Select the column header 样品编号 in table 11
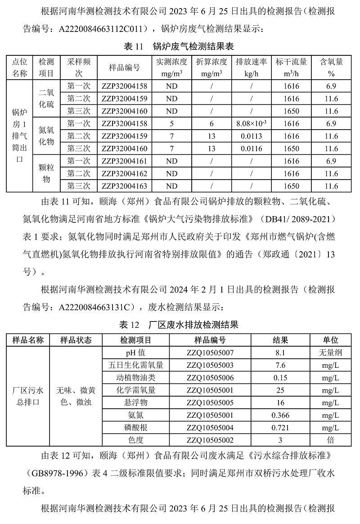point(124,68)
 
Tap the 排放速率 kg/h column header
point(252,68)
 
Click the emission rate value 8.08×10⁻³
point(252,123)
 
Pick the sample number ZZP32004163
point(124,186)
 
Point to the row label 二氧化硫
point(46,98)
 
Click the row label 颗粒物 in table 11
point(46,173)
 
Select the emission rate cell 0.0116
point(252,148)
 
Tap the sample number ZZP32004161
point(124,161)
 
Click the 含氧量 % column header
point(331,68)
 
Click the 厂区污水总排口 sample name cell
point(28,396)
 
